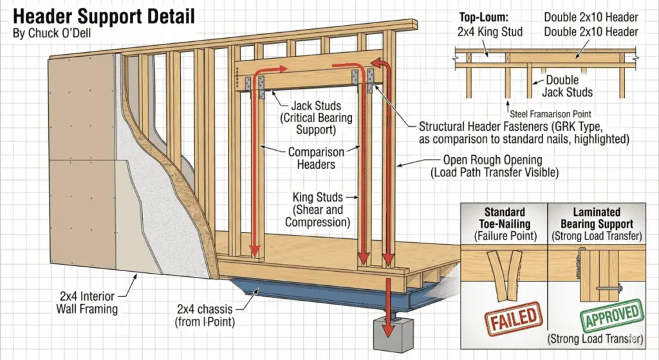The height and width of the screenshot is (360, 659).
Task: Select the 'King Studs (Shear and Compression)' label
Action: (x=318, y=209)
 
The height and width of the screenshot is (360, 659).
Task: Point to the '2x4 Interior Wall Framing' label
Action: (x=86, y=303)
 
